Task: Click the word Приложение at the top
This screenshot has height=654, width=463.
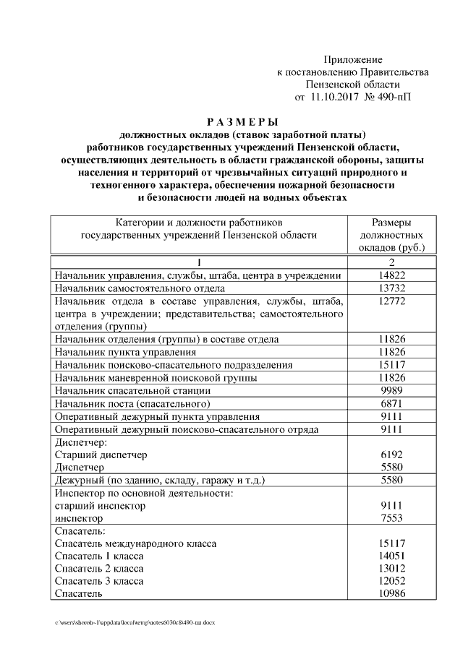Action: [352, 59]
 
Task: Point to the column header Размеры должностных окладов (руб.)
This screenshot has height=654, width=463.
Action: [391, 235]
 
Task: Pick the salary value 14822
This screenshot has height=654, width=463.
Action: [391, 275]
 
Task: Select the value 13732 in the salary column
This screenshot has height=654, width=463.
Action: [391, 288]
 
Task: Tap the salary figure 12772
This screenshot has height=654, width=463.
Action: [391, 301]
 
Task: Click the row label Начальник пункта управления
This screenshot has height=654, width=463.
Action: [124, 352]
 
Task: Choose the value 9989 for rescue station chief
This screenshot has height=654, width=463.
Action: [391, 390]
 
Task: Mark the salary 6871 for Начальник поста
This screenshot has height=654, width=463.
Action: [391, 403]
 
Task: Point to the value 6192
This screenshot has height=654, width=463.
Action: [391, 455]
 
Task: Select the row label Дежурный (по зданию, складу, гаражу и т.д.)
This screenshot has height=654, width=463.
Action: [160, 481]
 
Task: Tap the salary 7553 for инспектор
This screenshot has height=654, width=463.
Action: [391, 519]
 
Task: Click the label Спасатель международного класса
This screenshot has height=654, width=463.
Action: [135, 544]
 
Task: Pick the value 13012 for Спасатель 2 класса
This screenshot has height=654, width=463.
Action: [391, 569]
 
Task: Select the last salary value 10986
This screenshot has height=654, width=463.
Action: [391, 594]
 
